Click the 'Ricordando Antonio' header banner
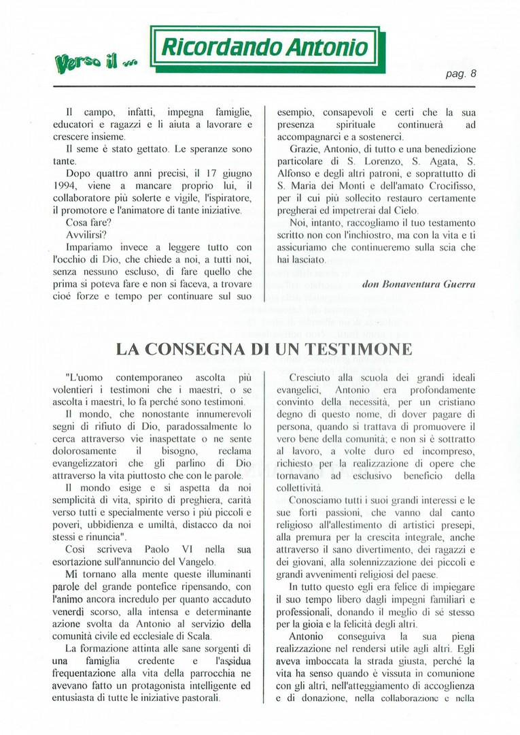click(264, 47)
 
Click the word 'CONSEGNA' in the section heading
click(207, 350)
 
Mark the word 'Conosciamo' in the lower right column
click(319, 500)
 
